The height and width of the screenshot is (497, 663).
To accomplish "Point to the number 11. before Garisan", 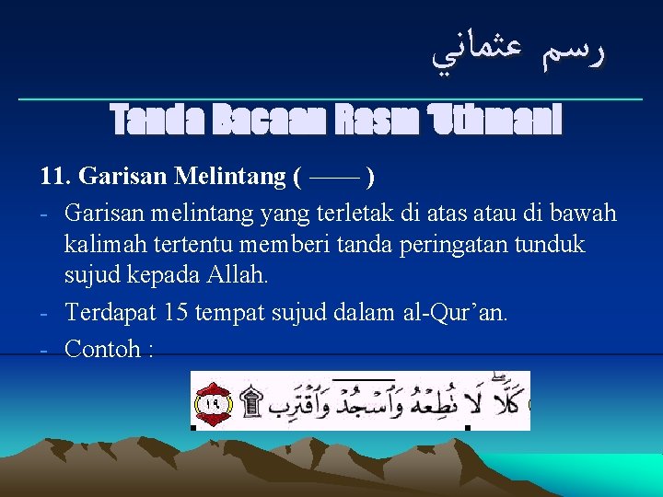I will point(56,176).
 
